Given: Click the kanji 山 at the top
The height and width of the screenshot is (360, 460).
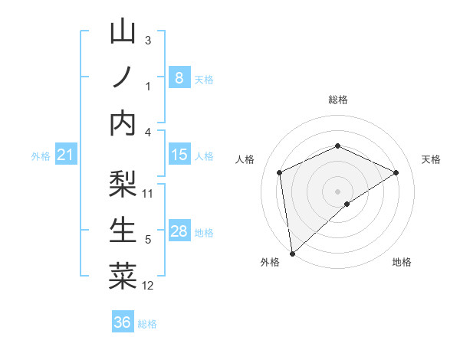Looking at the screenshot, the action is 123,32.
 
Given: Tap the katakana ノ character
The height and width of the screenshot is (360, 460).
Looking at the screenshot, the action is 123,77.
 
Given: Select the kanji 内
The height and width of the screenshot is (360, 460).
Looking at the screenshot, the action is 123,123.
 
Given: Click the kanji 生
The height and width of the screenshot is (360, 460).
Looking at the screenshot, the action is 123,231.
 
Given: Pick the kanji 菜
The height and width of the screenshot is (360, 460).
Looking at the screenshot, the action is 123,277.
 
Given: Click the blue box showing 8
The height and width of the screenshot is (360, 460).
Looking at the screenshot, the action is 179,77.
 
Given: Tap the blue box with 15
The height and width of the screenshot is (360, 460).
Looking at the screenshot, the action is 179,155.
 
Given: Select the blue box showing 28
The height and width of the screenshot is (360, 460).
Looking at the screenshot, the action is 179,231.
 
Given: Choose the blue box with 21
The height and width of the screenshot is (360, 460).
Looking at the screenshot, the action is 65,155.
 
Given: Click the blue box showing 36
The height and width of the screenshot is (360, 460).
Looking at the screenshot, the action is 122,322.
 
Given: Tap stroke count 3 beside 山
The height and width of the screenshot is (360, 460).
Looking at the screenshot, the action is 148,40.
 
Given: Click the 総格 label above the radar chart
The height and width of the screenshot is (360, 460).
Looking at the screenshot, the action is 337,100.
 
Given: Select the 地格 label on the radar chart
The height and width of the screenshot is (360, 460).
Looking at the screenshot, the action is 402,262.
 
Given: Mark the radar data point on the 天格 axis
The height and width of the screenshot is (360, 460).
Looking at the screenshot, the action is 396,172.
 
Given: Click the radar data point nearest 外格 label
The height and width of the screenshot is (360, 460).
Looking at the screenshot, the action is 291,253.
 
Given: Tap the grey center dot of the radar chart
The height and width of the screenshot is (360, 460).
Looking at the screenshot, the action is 337,191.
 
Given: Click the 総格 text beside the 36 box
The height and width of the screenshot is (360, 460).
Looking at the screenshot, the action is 147,324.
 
